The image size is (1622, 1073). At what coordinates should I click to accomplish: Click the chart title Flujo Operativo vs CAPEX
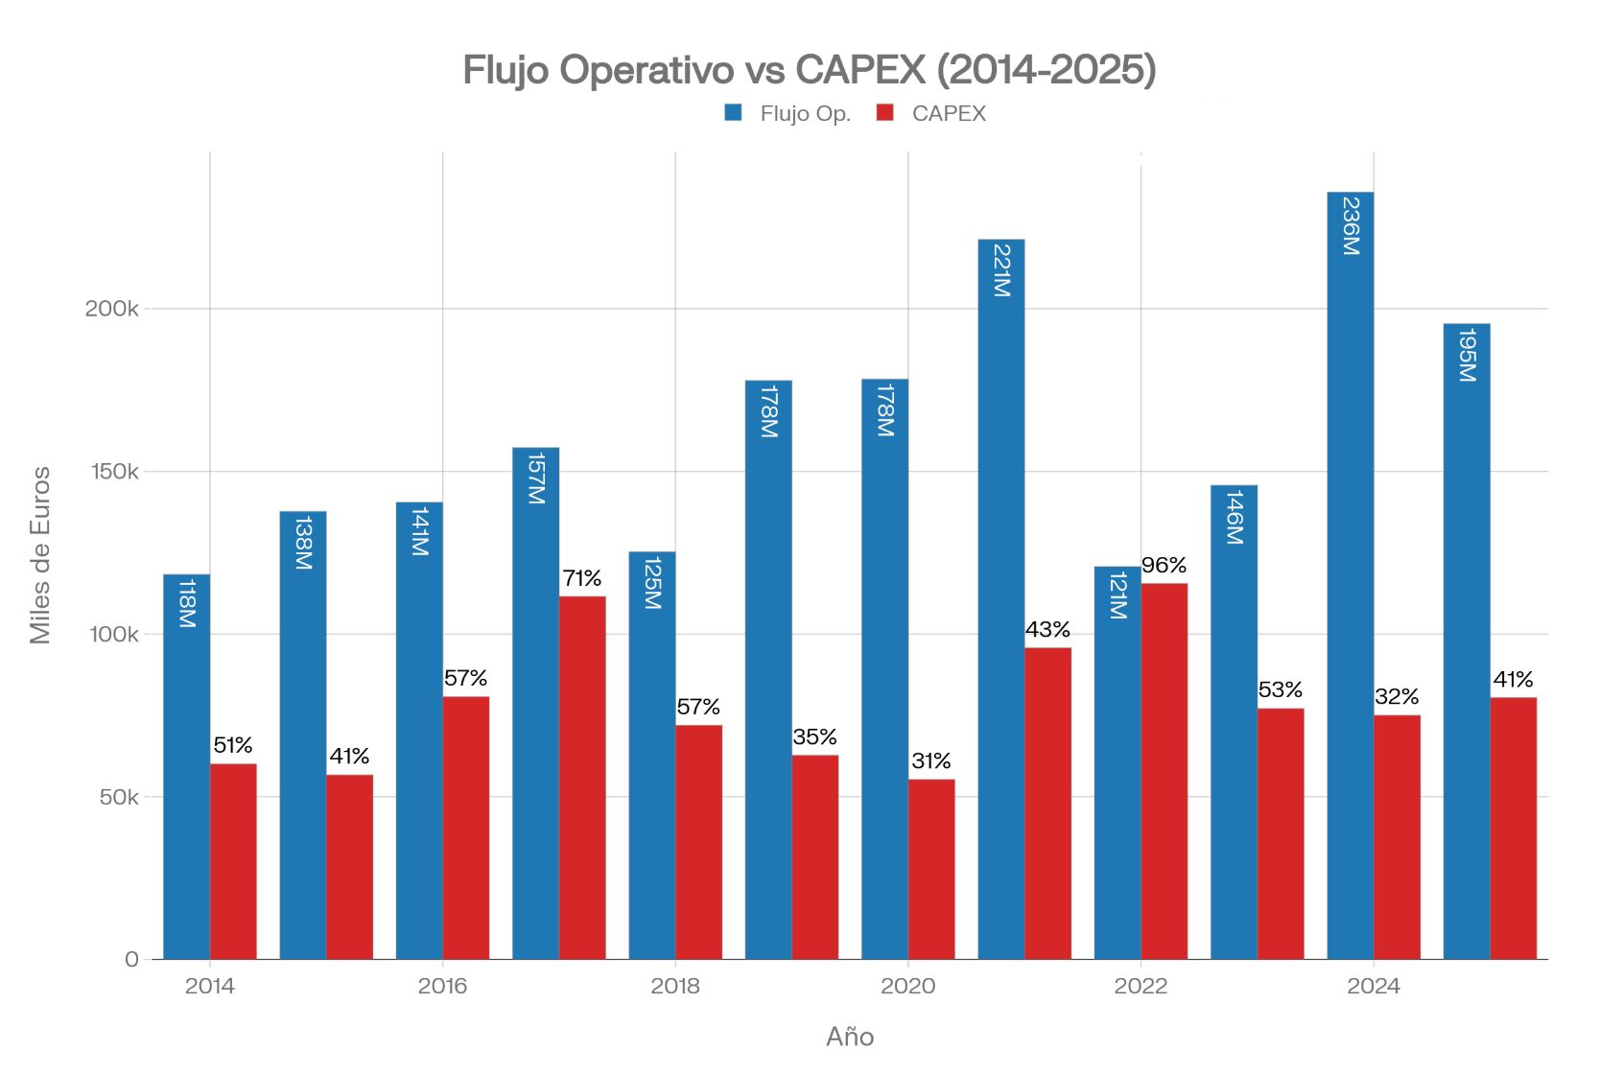click(809, 70)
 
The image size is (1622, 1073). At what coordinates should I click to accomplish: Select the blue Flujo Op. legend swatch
click(733, 113)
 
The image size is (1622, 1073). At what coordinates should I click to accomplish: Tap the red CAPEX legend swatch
click(884, 113)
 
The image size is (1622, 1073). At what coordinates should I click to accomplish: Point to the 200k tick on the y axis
click(111, 309)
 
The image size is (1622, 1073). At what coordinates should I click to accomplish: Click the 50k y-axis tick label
click(119, 797)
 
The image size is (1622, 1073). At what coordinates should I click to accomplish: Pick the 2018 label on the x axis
click(675, 986)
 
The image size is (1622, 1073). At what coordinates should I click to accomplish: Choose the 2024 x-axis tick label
click(1373, 986)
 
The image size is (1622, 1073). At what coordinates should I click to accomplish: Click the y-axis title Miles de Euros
click(40, 555)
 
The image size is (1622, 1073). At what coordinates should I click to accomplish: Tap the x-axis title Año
click(850, 1037)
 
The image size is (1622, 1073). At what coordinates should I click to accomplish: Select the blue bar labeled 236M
click(1350, 575)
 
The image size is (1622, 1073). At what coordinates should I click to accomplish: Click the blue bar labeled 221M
click(1000, 599)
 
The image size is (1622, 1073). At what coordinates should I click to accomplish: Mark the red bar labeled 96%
click(1164, 771)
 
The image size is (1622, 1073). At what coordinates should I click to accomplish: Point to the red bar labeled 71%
click(582, 778)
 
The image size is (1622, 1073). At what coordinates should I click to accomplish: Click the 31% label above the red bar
click(931, 761)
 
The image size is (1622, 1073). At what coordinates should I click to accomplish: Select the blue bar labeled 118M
click(186, 767)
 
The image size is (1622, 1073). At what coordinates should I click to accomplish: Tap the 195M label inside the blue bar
click(1467, 355)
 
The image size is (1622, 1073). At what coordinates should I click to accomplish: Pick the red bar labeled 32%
click(1397, 837)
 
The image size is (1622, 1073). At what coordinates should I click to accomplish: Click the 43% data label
click(1047, 630)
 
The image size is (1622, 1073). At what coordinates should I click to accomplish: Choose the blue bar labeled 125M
click(651, 756)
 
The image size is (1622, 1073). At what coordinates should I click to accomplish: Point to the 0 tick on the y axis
click(131, 960)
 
